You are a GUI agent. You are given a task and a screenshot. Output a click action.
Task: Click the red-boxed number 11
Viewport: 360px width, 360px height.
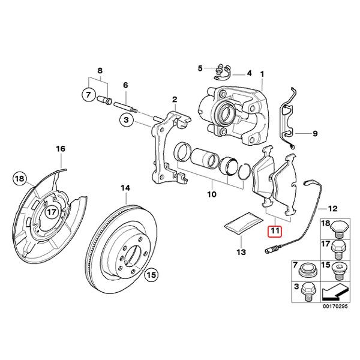tap(275, 230)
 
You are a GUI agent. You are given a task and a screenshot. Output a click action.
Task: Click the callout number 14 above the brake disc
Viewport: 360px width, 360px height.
tap(125, 188)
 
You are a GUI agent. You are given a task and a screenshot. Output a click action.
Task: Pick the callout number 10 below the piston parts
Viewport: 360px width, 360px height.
tap(211, 194)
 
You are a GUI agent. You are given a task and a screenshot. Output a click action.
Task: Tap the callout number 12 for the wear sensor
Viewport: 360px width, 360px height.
tap(333, 208)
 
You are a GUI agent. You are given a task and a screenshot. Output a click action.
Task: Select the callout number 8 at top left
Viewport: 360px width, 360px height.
tap(100, 71)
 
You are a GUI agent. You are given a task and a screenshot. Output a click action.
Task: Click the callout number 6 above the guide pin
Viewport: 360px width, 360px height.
tap(126, 86)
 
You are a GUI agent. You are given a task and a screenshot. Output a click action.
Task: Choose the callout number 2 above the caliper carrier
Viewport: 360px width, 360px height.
tap(175, 99)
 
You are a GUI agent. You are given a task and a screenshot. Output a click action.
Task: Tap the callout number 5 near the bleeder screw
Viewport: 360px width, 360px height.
tap(200, 68)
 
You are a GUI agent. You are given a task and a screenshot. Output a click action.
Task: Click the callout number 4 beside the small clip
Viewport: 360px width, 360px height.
tap(249, 73)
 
